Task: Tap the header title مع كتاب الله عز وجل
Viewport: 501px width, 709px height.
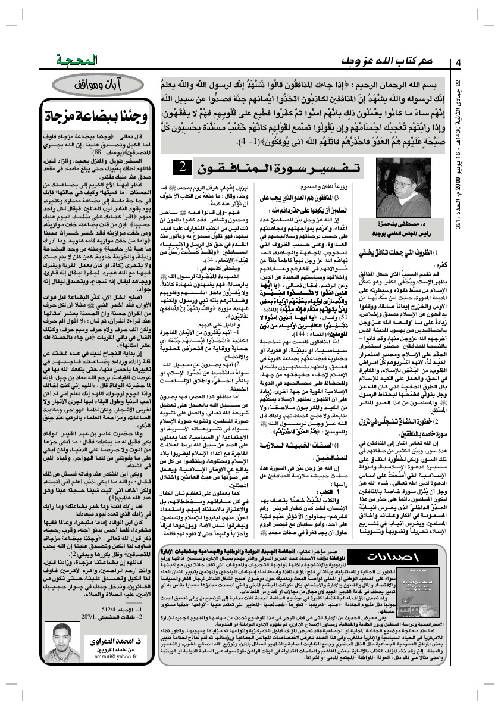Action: coord(387,61)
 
